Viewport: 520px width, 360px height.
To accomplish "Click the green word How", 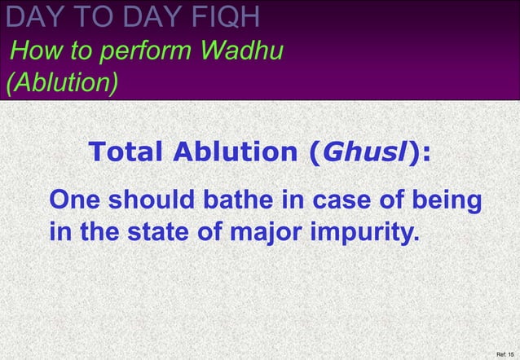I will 33,53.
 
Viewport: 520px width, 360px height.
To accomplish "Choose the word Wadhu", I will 242,53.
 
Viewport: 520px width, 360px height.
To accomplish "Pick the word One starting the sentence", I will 76,200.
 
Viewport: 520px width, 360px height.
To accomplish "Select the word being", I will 441,201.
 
